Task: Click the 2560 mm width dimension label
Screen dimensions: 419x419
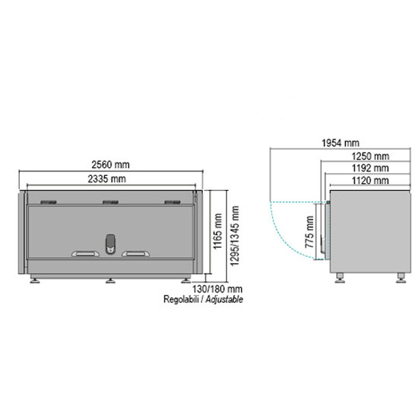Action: click(111, 164)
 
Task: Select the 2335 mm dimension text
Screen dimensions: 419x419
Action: click(107, 179)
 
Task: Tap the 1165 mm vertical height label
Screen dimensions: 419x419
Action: click(217, 231)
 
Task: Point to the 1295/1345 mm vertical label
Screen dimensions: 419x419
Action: click(235, 236)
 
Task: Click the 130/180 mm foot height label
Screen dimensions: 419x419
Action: click(217, 289)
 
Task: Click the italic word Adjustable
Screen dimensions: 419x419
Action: click(225, 299)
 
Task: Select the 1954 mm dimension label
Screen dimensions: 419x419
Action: click(340, 143)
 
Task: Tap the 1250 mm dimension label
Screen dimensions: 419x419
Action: click(370, 156)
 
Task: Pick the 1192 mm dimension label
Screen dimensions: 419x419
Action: click(370, 168)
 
